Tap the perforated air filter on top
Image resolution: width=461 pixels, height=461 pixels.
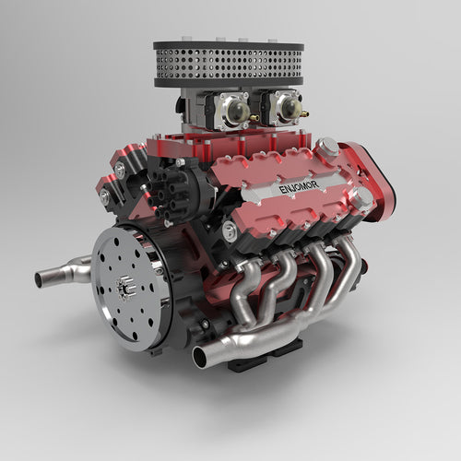(229, 64)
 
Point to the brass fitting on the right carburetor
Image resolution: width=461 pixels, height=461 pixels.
(304, 114)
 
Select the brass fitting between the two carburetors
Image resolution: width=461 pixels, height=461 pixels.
(254, 117)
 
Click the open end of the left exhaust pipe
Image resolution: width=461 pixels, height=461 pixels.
(39, 280)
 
